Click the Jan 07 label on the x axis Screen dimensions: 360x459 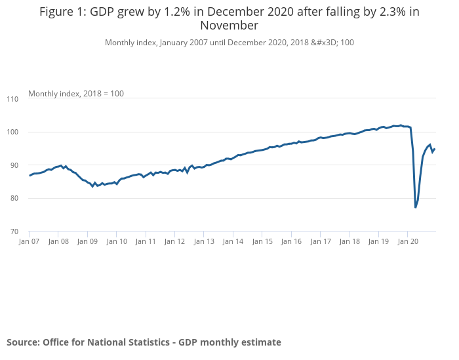[x=30, y=241]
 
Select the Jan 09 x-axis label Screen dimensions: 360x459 [x=87, y=241]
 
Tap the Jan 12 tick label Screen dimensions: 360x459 [x=174, y=241]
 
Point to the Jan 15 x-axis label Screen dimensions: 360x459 [x=262, y=241]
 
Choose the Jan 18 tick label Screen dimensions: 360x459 [x=349, y=241]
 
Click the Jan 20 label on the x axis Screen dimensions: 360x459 [x=407, y=241]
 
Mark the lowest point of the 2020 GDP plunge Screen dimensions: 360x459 [x=416, y=208]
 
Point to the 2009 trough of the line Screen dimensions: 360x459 [x=92, y=187]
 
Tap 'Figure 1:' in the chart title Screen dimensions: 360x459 [x=63, y=12]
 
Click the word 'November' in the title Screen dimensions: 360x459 [x=229, y=26]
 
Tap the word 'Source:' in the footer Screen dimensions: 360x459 [x=23, y=342]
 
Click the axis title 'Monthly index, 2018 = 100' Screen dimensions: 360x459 [x=76, y=94]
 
